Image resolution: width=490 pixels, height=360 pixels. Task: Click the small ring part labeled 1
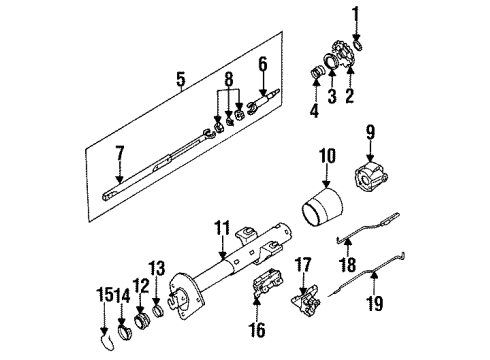[351, 41]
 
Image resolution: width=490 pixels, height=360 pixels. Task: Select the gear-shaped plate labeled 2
[342, 60]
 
